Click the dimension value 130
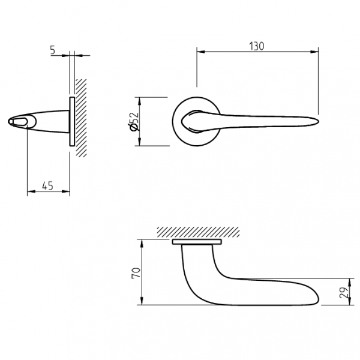tap(257, 46)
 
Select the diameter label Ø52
tap(134, 121)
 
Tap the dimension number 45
tap(48, 185)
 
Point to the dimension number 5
tap(53, 50)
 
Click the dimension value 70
tap(136, 273)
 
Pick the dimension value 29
tap(344, 292)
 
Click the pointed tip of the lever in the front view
tap(318, 121)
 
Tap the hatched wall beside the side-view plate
tap(81, 118)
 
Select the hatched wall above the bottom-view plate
tap(199, 232)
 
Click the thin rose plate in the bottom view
tap(197, 242)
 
